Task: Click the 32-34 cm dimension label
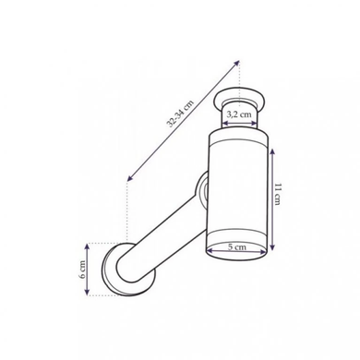coord(181,114)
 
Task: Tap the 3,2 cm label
coord(239,114)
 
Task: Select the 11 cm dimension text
coord(278,194)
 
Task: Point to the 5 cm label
coord(237,246)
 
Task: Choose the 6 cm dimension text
coord(82,270)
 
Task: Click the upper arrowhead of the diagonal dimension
coord(236,63)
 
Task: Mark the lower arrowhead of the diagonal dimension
coord(130,178)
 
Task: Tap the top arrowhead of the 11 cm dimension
coord(272,152)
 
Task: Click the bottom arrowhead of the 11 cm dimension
coord(272,246)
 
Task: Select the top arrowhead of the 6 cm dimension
coord(87,247)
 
